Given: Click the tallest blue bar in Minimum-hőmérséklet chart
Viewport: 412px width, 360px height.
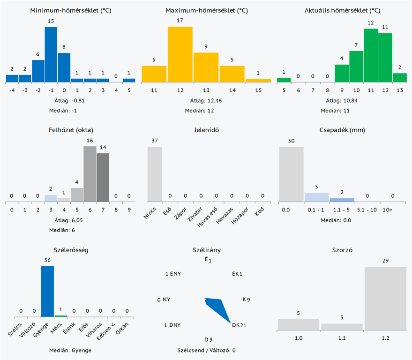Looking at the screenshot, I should (x=51, y=54).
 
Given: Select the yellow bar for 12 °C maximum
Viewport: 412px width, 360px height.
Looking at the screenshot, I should (x=180, y=54).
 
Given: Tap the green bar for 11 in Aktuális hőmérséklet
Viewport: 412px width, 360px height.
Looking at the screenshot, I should (x=371, y=55).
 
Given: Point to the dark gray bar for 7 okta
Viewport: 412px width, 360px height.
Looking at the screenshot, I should (x=103, y=177).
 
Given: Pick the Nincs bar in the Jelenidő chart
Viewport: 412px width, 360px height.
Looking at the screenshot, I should (x=155, y=174).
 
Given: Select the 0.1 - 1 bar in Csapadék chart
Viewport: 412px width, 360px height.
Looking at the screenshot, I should (x=317, y=197).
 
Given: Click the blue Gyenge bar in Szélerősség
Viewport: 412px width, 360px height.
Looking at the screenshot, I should (x=47, y=291).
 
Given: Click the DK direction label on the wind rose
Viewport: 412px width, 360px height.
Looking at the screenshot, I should (x=236, y=325).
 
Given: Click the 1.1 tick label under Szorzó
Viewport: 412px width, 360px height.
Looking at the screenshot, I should (x=342, y=338).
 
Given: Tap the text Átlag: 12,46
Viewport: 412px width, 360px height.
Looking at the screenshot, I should (x=206, y=100).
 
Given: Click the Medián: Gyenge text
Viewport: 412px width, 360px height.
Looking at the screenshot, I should (x=70, y=350).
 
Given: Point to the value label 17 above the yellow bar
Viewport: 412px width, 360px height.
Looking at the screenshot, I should (x=180, y=20).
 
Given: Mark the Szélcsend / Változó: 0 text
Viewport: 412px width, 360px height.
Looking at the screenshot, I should (x=206, y=350).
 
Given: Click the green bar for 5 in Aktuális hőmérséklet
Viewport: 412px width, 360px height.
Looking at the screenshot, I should (x=284, y=80).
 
